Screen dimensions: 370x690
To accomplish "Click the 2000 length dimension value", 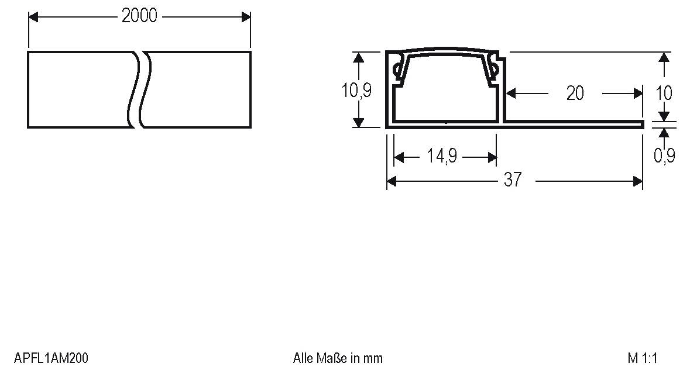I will click(139, 16).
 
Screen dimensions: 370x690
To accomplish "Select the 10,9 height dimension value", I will click(356, 91).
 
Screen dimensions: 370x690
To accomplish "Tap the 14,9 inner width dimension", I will click(442, 157).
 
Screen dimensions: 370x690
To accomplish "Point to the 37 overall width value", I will click(512, 181).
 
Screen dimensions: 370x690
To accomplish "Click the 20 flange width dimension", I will click(575, 93).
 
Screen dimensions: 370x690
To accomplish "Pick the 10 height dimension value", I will click(664, 92).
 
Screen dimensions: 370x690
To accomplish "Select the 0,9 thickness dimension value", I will click(664, 155).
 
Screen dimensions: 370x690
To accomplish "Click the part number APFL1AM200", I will click(52, 358).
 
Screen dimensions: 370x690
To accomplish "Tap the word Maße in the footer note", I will click(333, 358).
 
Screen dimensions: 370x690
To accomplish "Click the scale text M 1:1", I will click(643, 358).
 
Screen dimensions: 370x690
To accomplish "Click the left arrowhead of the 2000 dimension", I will click(33, 17).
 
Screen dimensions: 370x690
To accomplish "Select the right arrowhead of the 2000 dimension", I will click(246, 17).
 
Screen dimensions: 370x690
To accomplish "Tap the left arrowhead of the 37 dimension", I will click(392, 181).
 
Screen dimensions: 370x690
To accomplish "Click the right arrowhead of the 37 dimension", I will click(638, 181).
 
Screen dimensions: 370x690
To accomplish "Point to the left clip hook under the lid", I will click(399, 70).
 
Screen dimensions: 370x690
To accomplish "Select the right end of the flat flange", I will click(641, 124).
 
